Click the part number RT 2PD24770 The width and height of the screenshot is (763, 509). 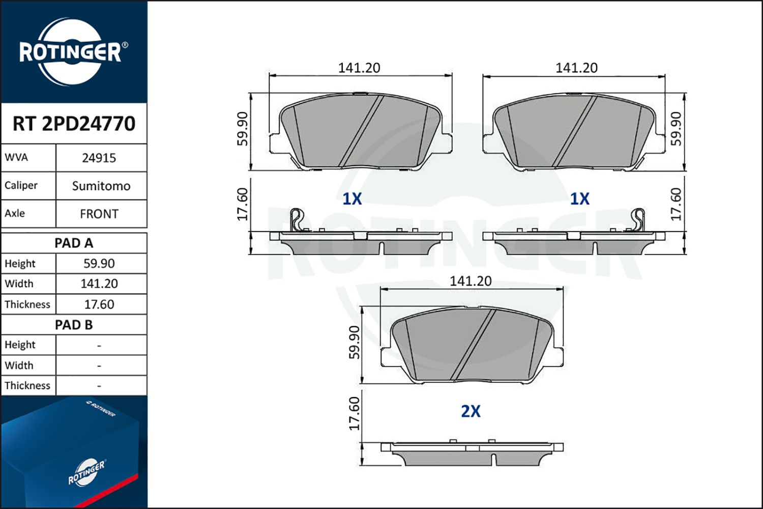[x=74, y=123]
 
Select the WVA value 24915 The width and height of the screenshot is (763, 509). [x=99, y=158]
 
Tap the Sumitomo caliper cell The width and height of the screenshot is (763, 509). [x=101, y=186]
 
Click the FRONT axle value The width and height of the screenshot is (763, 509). [x=99, y=214]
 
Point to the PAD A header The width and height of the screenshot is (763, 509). [x=74, y=243]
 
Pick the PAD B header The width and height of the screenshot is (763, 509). [x=74, y=325]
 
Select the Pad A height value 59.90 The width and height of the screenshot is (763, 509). [x=99, y=264]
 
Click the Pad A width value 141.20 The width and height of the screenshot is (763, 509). [x=99, y=284]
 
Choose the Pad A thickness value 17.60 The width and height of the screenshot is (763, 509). [x=99, y=304]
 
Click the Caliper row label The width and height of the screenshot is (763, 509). [x=21, y=185]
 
